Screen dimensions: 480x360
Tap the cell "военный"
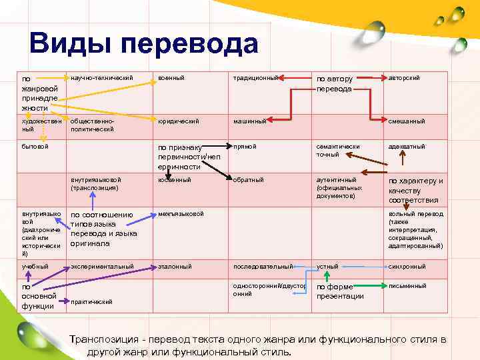click(x=172, y=79)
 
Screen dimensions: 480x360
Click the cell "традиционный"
click(x=255, y=79)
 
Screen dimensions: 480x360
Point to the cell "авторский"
click(x=404, y=79)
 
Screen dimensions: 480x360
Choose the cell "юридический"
click(x=179, y=121)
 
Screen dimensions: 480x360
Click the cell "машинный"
click(x=250, y=121)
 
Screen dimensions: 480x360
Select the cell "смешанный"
click(x=407, y=121)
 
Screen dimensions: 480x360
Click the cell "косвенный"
click(x=175, y=180)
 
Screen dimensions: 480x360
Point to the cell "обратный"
click(x=249, y=180)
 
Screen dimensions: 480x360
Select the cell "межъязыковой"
click(x=181, y=214)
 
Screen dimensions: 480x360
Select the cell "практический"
click(x=91, y=302)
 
